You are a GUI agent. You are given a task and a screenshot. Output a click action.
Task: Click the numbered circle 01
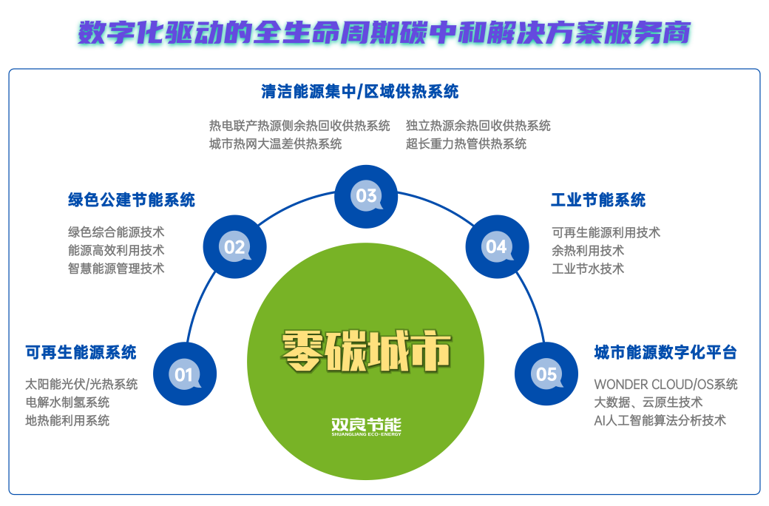point(184,374)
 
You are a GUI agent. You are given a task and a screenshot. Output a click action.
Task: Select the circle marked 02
point(234,246)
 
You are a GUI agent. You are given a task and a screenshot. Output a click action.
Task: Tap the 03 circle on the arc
point(366,196)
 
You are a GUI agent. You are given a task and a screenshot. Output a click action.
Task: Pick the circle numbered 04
point(497,246)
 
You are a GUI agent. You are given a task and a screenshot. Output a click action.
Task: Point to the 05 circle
point(546,374)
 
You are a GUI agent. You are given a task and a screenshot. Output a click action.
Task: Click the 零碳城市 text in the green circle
point(366,351)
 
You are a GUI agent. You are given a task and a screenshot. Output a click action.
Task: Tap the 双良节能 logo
point(366,428)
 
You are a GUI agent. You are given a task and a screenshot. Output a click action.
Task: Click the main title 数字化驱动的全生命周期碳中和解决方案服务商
point(384,34)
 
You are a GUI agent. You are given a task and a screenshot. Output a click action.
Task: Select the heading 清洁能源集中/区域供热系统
point(360,92)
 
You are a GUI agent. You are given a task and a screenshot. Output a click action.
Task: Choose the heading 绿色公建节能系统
point(132,200)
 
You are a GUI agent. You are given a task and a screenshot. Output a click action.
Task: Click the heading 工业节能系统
point(598,200)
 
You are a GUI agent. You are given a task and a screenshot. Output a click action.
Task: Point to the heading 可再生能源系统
point(81,352)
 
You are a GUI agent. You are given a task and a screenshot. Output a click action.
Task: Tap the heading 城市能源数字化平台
point(665,352)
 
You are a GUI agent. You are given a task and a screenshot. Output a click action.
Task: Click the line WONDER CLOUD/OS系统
point(665,385)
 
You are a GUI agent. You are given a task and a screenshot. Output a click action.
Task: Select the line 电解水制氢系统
point(67,402)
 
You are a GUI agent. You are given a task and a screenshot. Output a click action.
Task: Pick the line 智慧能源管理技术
point(116,269)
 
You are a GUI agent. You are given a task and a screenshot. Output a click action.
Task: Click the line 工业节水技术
point(588,269)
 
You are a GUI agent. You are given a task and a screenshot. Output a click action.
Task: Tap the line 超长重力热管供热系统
point(466,144)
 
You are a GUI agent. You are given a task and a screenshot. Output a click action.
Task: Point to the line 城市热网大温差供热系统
point(275,144)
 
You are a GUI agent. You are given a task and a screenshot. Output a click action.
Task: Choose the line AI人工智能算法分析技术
point(660,420)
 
